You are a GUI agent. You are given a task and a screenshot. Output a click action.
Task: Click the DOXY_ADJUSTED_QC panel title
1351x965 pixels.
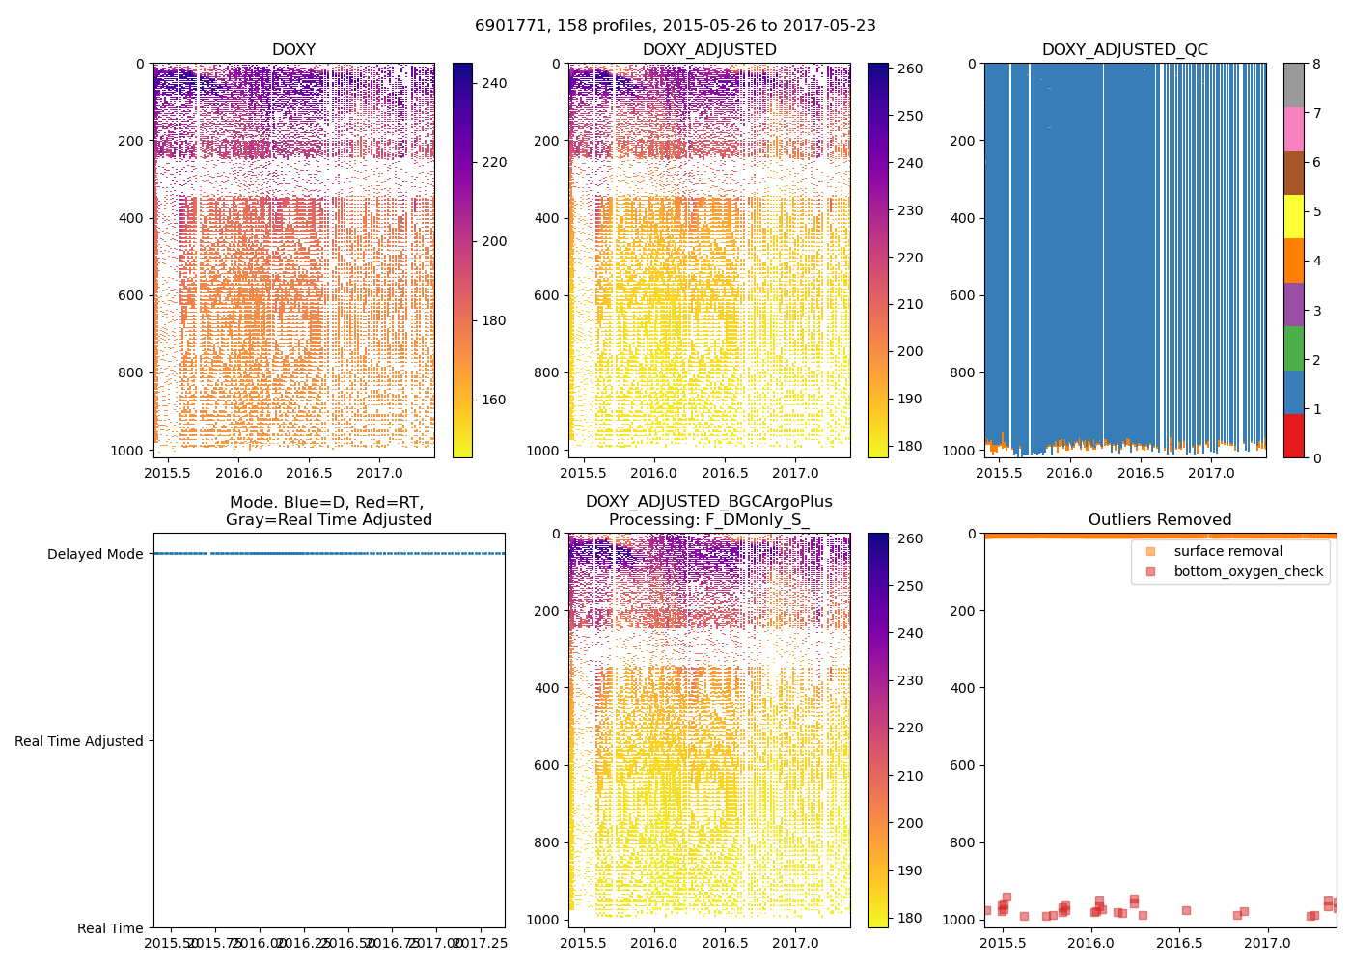pos(1124,50)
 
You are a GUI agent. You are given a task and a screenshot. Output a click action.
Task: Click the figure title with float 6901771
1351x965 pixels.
pos(675,26)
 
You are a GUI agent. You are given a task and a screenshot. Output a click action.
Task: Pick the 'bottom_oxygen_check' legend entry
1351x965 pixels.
pos(1248,571)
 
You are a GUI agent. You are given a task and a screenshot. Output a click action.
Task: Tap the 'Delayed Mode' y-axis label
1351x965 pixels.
pos(95,554)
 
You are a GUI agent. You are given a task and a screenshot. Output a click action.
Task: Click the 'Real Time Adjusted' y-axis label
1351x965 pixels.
pos(79,741)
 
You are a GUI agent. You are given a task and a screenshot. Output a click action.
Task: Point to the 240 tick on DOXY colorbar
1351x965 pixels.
pos(494,84)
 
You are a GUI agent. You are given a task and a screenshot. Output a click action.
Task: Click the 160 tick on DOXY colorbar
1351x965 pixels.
pos(494,400)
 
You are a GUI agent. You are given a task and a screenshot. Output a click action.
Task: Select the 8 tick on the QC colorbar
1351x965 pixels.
pos(1316,64)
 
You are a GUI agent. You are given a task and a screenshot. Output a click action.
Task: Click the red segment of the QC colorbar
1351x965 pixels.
pos(1293,436)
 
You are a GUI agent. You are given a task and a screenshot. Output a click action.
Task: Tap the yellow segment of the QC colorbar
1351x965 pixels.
pos(1293,216)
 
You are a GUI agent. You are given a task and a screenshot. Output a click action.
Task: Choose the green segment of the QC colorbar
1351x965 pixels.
pos(1293,348)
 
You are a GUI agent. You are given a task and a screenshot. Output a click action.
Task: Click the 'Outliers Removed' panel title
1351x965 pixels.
pos(1160,520)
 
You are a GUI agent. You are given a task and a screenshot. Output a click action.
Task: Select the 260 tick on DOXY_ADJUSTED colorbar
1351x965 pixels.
pos(910,69)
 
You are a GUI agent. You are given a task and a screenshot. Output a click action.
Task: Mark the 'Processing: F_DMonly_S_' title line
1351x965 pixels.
pos(708,520)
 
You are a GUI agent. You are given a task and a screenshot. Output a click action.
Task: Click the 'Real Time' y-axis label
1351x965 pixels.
pos(110,928)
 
